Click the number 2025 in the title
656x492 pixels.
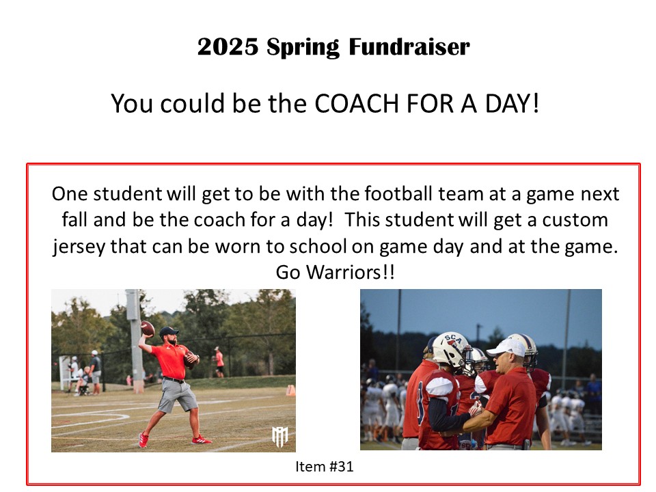point(228,46)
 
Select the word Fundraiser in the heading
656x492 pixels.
point(409,46)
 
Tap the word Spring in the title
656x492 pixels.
point(303,47)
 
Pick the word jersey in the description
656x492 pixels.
point(79,247)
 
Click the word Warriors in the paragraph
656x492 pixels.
point(344,273)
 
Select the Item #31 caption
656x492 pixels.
point(324,466)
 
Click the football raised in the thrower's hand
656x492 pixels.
point(148,329)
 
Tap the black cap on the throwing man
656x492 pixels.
point(168,331)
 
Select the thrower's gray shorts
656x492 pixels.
point(178,396)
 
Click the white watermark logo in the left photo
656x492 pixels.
point(280,437)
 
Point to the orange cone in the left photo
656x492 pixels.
point(291,391)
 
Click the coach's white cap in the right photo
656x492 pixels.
point(506,348)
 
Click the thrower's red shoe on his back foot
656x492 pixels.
point(143,439)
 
